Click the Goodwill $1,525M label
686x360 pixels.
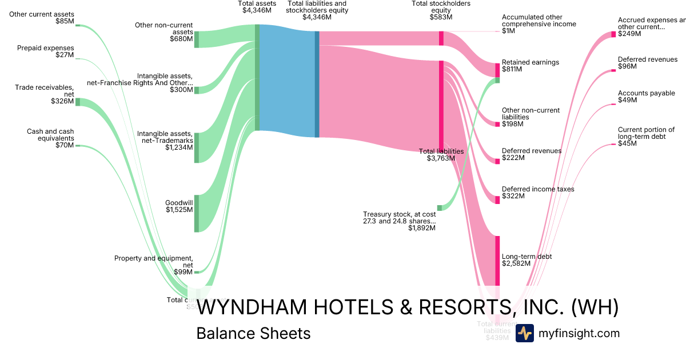(179, 206)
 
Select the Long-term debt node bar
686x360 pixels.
(497, 260)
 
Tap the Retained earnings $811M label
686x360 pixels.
(522, 66)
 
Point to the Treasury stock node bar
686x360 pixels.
(440, 208)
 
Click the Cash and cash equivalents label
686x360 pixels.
(50, 138)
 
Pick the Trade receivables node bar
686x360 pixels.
(78, 102)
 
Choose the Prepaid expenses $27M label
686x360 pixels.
(45, 51)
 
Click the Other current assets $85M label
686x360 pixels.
(42, 17)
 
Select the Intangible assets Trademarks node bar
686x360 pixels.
(196, 147)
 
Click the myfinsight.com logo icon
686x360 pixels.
(524, 333)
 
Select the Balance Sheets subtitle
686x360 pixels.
(253, 333)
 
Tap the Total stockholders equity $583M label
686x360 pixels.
(441, 10)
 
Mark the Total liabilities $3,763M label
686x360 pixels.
(441, 155)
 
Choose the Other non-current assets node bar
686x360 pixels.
(196, 39)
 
